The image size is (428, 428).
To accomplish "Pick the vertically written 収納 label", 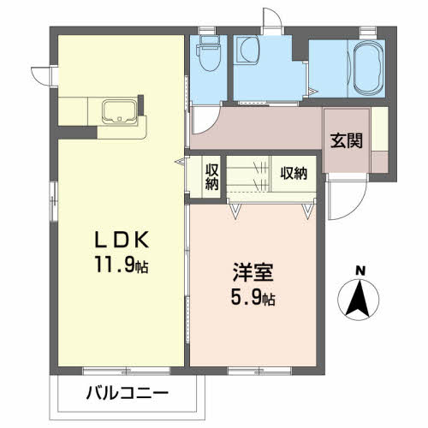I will click(211, 175).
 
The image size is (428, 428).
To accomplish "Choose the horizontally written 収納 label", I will click(293, 174).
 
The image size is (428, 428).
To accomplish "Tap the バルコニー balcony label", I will click(128, 395).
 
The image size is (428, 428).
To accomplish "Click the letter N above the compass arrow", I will click(360, 272).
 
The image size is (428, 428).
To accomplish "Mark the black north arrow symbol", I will click(360, 299).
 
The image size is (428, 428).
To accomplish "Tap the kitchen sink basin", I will click(118, 111).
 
